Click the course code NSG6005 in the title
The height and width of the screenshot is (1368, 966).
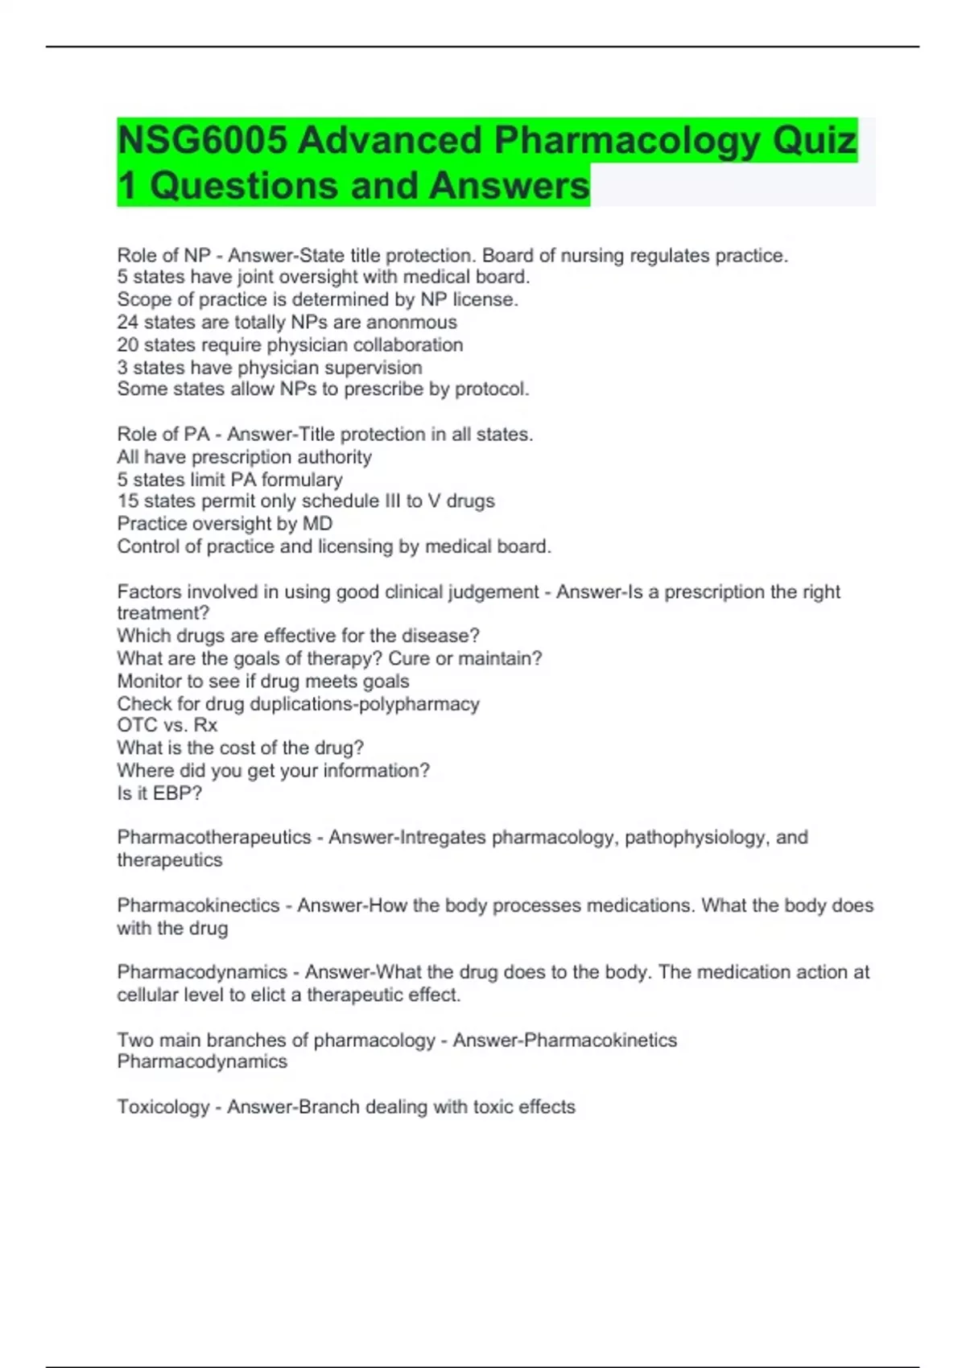click(202, 141)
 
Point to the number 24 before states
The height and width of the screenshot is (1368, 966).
click(127, 323)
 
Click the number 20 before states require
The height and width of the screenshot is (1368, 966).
click(127, 345)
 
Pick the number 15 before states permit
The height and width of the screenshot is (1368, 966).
click(127, 501)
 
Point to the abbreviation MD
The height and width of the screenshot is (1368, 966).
click(317, 524)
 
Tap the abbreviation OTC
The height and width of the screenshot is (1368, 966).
click(134, 725)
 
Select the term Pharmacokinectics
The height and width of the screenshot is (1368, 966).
click(198, 905)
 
